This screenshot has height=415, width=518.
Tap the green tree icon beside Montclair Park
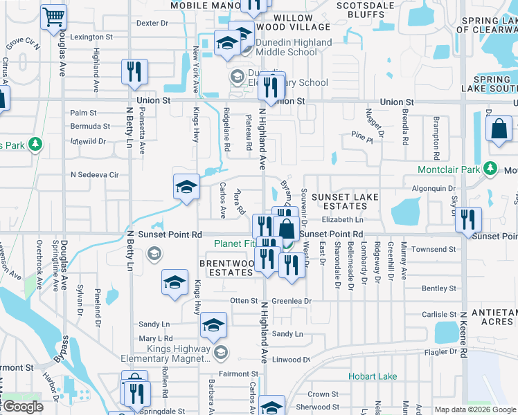(x=491, y=169)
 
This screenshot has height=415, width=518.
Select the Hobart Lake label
(x=373, y=377)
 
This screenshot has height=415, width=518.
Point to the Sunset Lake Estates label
(x=345, y=203)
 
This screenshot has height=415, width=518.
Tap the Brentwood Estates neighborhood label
(x=226, y=268)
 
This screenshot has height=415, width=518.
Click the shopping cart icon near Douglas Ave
(x=53, y=17)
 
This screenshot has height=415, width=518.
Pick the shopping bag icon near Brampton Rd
(x=499, y=129)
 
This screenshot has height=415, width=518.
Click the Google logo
(x=23, y=407)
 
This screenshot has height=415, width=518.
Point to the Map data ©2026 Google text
(x=475, y=409)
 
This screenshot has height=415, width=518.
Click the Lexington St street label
(x=91, y=37)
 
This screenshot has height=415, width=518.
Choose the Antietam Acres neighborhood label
(x=494, y=317)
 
